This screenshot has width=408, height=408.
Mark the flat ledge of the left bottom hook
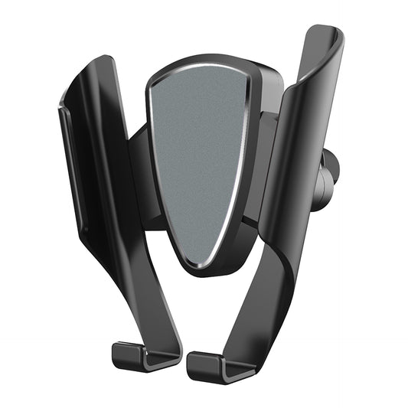point(145,361)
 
